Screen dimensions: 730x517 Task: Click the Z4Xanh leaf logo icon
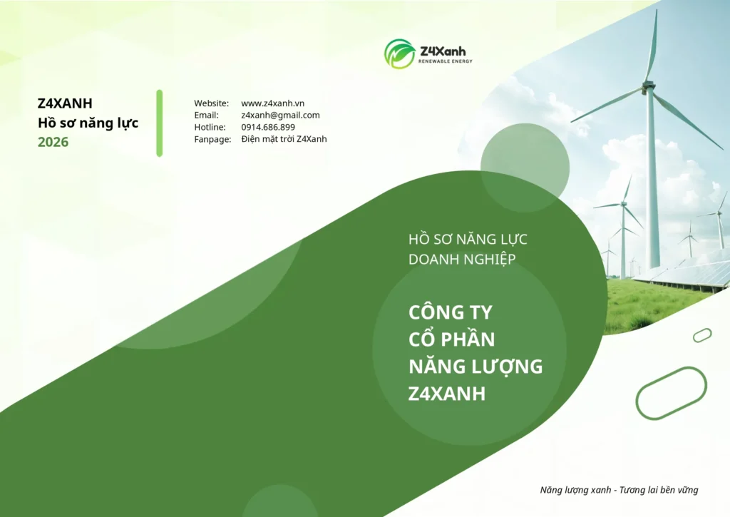point(399,53)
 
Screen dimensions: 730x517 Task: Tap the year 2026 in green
point(53,142)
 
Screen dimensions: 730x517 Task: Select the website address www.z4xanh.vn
point(273,103)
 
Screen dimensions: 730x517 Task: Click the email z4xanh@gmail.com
point(280,115)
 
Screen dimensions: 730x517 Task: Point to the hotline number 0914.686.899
point(268,127)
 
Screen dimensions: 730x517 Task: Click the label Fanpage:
point(212,139)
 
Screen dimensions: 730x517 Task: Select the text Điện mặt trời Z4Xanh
point(284,139)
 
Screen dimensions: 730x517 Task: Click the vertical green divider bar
point(160,123)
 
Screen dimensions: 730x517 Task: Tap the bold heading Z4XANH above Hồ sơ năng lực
point(65,103)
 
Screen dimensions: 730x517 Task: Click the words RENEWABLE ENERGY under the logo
point(446,61)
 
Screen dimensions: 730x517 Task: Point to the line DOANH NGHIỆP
point(462,259)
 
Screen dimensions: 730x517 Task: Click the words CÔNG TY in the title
point(451,312)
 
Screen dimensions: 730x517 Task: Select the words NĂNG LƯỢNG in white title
point(475,366)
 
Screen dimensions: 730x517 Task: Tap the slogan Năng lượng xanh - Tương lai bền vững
point(620,490)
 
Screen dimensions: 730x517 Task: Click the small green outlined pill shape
point(702,335)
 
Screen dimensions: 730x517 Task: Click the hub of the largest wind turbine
point(646,86)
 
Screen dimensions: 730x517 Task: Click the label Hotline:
point(210,127)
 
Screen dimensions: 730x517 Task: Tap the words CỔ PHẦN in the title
point(451,339)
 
